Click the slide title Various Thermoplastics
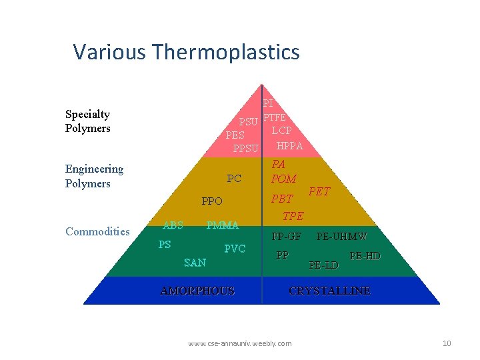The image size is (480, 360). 186,51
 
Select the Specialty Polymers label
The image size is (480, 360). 87,121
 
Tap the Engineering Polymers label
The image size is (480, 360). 94,176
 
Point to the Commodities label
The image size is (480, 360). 97,231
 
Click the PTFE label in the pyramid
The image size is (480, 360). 275,118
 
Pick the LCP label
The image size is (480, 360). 281,131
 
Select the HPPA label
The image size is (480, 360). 289,146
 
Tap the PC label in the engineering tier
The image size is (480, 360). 234,179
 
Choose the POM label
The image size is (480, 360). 283,179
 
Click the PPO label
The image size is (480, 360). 212,201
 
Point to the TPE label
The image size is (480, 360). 293,216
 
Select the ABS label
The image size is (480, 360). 173,225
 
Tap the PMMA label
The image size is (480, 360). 222,225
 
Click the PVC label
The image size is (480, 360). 235,249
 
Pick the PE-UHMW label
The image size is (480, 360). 341,236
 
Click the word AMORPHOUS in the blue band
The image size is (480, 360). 197,291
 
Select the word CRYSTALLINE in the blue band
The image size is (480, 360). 329,291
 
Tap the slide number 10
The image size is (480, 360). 447,343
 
